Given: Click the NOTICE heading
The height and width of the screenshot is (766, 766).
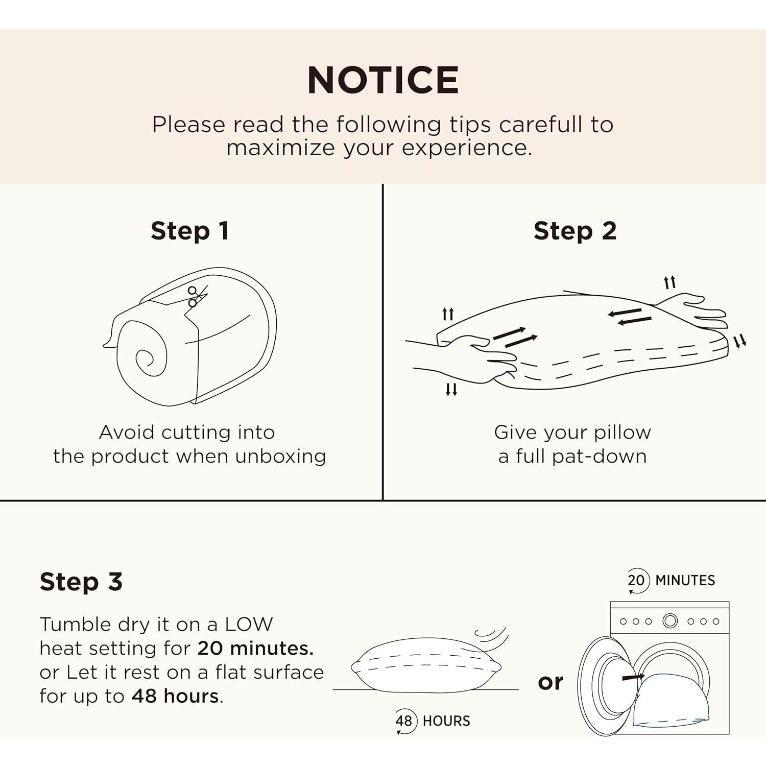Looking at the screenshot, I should coord(382,80).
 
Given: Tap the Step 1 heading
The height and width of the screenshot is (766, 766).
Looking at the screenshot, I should coord(189,231).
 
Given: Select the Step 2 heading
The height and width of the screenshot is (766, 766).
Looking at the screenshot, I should coord(575,231).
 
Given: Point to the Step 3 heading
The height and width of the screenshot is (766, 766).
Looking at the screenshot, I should coord(81,582).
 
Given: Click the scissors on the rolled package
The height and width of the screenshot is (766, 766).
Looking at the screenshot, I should coord(197,296).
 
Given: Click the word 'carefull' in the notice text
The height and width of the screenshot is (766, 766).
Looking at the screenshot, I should coord(541,125).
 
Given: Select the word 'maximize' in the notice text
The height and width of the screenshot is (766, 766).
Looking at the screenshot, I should coord(281,148).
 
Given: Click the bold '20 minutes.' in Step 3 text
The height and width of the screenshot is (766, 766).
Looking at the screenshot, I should coord(255,649).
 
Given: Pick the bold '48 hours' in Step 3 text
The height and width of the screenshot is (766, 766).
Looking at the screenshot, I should coord(175,697).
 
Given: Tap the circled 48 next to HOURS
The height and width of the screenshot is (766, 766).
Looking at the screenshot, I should coord(404,721).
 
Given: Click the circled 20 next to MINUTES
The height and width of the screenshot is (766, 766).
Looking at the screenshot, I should coord(636,581).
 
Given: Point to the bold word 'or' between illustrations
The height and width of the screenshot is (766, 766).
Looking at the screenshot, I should coord(550,682).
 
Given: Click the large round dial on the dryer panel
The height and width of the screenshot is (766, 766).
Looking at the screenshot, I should coord(670,621).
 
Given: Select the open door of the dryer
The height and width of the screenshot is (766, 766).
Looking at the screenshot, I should coord(603,687).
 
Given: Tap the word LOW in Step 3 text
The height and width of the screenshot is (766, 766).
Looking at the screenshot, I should coord(249,625).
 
